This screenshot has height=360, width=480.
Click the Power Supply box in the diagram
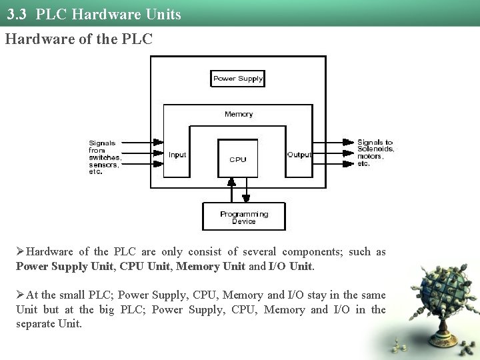click(x=238, y=79)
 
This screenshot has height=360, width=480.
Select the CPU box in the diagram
click(x=238, y=159)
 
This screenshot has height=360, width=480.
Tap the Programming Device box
click(x=243, y=217)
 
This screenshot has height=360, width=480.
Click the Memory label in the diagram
click(x=239, y=114)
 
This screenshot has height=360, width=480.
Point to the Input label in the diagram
click(x=177, y=155)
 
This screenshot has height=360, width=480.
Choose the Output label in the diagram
click(x=299, y=155)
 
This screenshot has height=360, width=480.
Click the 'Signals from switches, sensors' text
click(x=105, y=157)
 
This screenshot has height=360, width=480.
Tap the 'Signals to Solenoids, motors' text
click(x=375, y=153)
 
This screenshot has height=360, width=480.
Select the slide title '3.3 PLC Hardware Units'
click(x=99, y=14)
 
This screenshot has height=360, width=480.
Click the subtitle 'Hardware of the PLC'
click(x=79, y=39)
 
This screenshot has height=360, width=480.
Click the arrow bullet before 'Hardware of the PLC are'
click(x=21, y=252)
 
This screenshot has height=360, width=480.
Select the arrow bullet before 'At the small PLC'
click(x=21, y=295)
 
